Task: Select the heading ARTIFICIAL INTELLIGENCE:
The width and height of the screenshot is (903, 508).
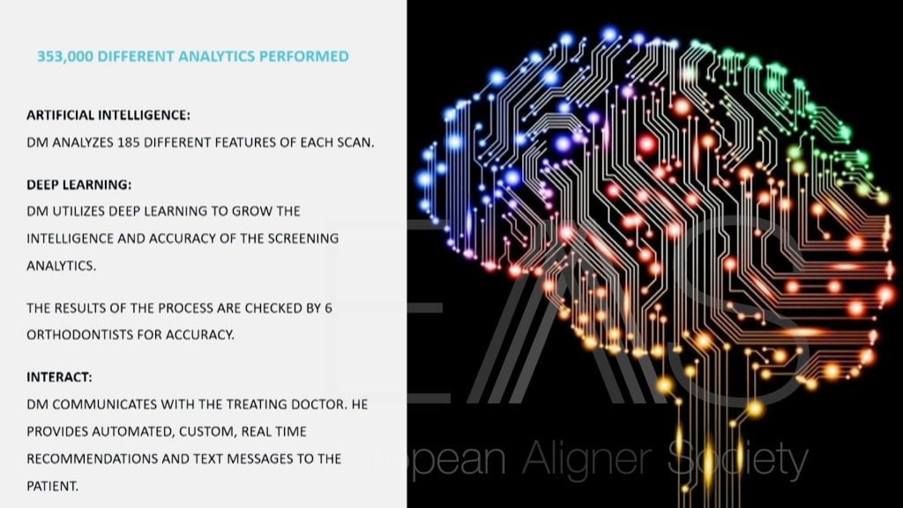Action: (108, 116)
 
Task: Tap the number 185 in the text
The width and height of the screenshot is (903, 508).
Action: (129, 142)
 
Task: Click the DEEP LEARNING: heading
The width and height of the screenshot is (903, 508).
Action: (78, 185)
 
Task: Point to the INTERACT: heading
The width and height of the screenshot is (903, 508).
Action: (59, 377)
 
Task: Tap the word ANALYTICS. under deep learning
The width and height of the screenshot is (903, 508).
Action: (61, 265)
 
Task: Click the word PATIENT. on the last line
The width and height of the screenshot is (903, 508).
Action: (52, 486)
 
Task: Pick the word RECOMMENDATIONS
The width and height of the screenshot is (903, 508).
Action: (92, 459)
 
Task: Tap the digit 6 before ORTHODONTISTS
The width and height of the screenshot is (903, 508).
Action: (328, 308)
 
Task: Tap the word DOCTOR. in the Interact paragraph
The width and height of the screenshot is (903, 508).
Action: (319, 404)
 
